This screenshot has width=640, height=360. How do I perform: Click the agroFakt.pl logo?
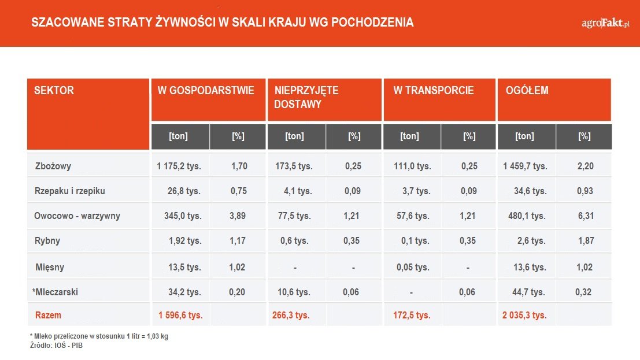tap(605, 23)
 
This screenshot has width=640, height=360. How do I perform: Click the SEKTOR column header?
tap(54, 91)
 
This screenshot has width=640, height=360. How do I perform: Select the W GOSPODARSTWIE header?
tap(206, 91)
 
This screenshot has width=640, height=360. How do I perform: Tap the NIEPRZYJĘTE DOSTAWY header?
tap(306, 98)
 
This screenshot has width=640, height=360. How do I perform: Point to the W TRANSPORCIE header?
tap(434, 91)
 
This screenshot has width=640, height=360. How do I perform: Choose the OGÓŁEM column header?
tap(527, 91)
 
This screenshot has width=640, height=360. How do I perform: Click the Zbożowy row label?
tap(53, 166)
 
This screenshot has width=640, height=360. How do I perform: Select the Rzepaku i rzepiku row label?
tap(70, 191)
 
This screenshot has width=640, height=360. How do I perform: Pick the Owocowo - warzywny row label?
tap(77, 216)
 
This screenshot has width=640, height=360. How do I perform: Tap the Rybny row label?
tap(47, 241)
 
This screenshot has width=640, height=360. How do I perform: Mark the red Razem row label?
tap(48, 316)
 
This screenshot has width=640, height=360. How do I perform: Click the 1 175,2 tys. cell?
tap(179, 166)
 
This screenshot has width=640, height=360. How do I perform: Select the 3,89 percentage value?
tap(238, 216)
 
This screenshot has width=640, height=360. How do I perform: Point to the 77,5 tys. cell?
tap(295, 216)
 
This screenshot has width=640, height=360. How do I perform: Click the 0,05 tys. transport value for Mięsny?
tap(411, 268)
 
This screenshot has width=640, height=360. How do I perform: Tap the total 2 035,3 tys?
tap(526, 316)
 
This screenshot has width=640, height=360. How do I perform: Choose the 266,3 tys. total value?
tap(291, 316)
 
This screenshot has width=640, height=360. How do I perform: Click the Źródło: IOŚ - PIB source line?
tap(57, 345)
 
